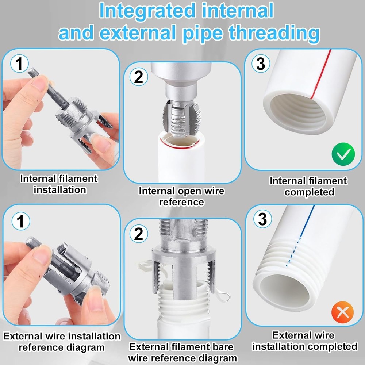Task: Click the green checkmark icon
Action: [x=343, y=155]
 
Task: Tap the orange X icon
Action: [x=343, y=312]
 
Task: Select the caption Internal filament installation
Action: [x=59, y=184]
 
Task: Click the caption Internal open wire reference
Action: [x=181, y=196]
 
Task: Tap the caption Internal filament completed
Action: [x=308, y=186]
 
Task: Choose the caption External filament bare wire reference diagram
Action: [x=181, y=352]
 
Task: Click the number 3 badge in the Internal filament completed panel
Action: [x=261, y=64]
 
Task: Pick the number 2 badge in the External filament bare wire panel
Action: [x=139, y=234]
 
